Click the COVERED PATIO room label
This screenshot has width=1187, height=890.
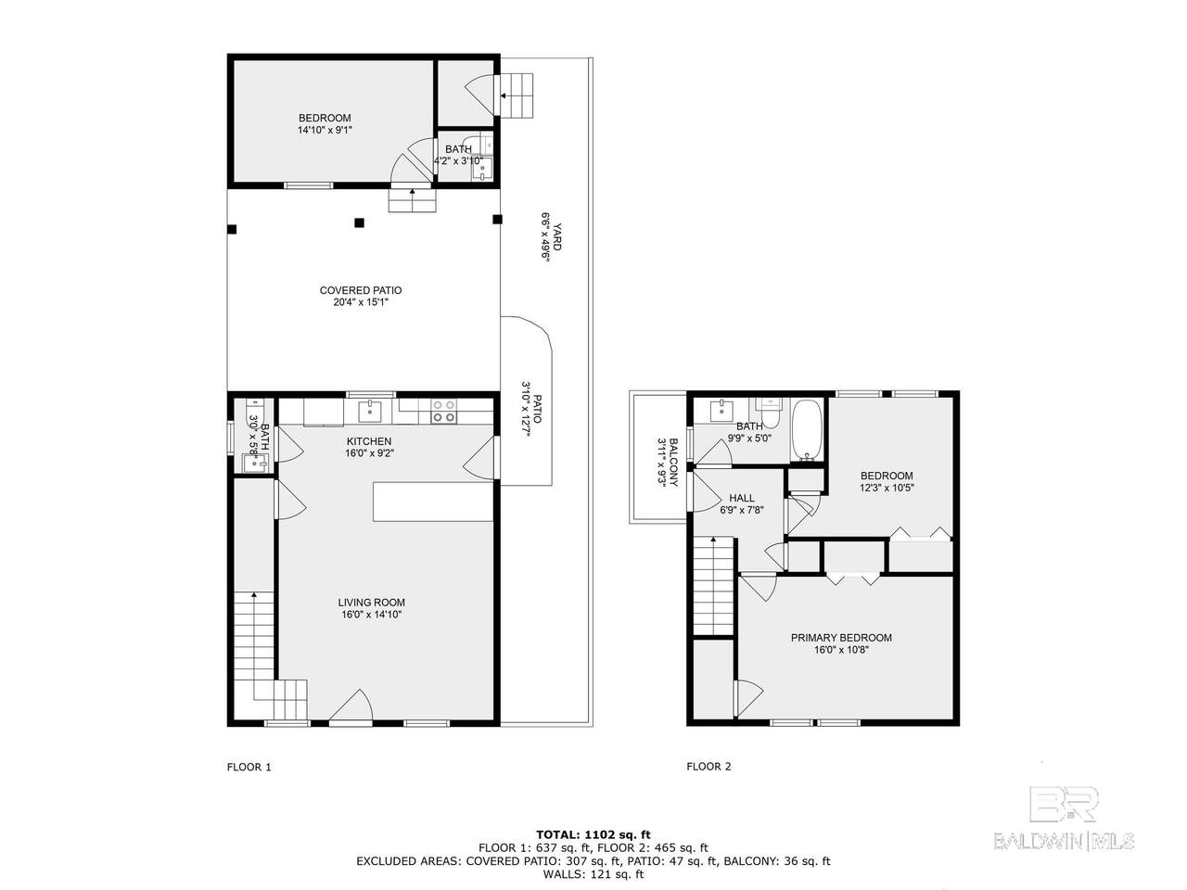click(360, 290)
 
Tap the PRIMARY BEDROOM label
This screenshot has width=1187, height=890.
click(841, 638)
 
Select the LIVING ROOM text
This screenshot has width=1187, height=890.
click(371, 602)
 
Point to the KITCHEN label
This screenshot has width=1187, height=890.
click(369, 441)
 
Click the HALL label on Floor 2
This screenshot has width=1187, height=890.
click(741, 498)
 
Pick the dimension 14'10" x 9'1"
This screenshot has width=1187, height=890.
click(325, 130)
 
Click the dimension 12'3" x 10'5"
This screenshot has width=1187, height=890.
click(887, 488)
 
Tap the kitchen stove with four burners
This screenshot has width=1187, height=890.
click(443, 411)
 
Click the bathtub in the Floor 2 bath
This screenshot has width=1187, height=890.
click(807, 431)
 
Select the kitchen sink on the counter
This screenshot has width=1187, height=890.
click(370, 412)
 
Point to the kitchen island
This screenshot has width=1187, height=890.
click(433, 502)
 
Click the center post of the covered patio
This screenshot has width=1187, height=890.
click(359, 222)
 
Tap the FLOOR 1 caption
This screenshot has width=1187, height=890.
click(249, 767)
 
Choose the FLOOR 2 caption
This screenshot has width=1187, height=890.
click(708, 767)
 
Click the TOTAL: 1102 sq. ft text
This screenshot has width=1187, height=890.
click(593, 835)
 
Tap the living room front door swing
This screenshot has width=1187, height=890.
click(351, 706)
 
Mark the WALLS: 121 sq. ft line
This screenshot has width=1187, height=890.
click(593, 874)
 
